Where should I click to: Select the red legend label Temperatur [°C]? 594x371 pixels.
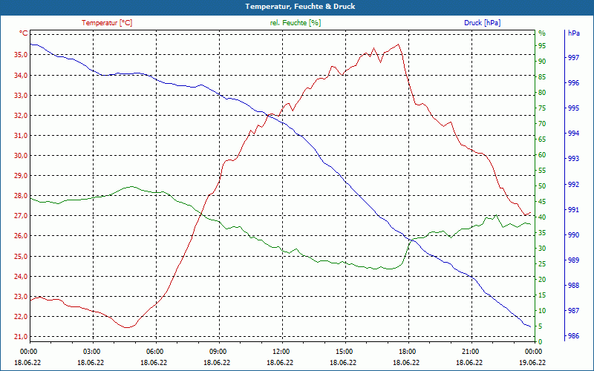pos(107,23)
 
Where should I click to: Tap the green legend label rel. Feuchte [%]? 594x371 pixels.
pos(296,23)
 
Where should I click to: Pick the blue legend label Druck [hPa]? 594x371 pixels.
pos(483,23)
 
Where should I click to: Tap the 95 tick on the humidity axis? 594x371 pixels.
pos(542,45)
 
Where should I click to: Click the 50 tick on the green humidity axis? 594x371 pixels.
pos(542,186)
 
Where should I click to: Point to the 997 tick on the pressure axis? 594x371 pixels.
pos(573,58)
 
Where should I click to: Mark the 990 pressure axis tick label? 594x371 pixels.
pos(573,235)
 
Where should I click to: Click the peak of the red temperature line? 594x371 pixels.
pos(399,45)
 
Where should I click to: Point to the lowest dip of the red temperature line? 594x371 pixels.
pos(127,327)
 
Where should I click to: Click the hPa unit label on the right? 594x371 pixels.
pos(573,33)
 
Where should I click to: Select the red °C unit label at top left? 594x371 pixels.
pos(24,33)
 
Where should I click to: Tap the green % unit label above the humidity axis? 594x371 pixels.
pos(542,33)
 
